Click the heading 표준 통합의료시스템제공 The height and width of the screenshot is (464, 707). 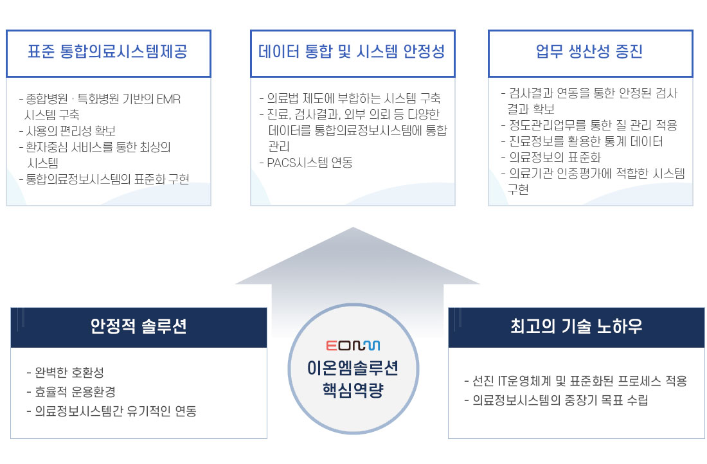(107, 51)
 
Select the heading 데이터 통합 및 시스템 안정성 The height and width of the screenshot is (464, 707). (352, 51)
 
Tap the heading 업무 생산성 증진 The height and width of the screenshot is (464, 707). (589, 51)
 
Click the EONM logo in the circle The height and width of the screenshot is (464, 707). (353, 345)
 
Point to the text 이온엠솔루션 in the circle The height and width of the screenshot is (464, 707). (353, 368)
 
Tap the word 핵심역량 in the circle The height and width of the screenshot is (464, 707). (353, 389)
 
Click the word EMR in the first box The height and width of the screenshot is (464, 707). (168, 99)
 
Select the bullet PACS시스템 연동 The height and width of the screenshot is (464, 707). (306, 163)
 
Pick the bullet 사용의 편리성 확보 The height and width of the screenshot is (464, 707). (67, 130)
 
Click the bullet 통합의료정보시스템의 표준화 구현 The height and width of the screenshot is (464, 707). (104, 179)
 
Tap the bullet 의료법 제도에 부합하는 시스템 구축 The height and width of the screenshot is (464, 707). (350, 98)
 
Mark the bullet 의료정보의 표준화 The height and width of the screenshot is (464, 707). (551, 157)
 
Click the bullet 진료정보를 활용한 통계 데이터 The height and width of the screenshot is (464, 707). (582, 141)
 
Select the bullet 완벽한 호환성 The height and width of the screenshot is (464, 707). (66, 373)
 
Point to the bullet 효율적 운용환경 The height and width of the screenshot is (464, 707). (71, 392)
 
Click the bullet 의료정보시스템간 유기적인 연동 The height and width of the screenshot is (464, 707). (112, 411)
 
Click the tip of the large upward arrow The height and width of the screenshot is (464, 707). (353, 228)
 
